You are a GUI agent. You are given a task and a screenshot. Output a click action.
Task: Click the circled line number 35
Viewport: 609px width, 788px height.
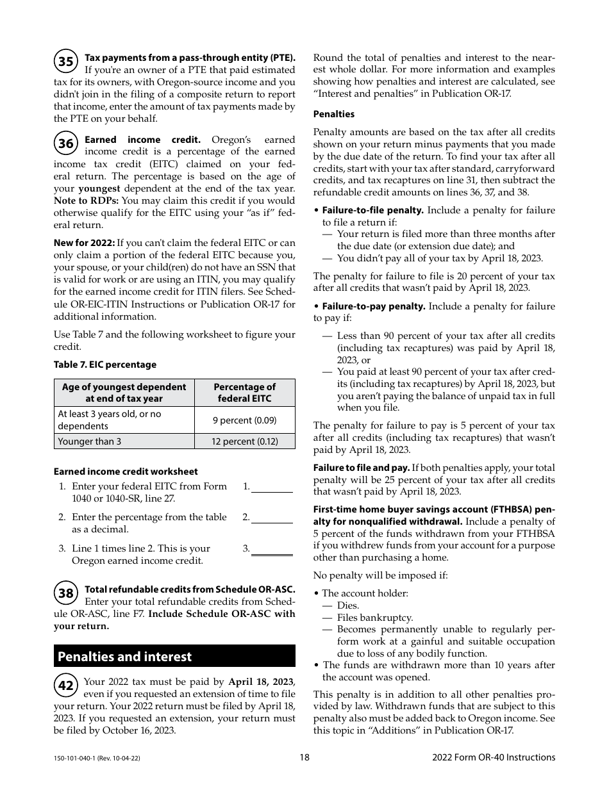coord(66,62)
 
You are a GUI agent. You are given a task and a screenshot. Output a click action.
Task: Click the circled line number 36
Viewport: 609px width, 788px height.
coord(66,144)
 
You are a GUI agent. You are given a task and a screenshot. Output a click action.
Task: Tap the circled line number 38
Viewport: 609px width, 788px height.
coord(66,593)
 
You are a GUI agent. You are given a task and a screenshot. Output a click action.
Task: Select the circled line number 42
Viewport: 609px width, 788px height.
coord(66,685)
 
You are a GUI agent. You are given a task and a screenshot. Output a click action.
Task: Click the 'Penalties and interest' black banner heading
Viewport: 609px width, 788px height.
coord(174,657)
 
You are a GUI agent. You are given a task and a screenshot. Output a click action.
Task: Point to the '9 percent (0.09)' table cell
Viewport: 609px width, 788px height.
coord(244,420)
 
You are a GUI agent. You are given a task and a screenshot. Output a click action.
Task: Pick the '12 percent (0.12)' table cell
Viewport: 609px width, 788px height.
coord(244,441)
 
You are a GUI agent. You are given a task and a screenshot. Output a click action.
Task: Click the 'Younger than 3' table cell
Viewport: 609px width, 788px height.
coord(124,441)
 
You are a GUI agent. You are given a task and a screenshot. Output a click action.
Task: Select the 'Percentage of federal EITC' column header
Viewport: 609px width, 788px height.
coord(244,393)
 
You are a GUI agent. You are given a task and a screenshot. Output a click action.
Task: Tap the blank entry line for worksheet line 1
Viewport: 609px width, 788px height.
coord(272,491)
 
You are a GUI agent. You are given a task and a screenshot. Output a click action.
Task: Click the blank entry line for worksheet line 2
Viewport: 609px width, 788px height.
coord(272,521)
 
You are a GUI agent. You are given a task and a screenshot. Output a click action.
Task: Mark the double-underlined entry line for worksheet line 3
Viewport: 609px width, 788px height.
coord(272,554)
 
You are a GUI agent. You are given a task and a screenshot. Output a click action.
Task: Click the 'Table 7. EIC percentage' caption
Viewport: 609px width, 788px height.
coord(104,365)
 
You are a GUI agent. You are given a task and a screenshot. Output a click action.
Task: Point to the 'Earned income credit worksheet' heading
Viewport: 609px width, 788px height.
coord(126,472)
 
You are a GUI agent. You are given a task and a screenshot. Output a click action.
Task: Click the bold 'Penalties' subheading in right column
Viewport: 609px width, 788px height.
coord(333,114)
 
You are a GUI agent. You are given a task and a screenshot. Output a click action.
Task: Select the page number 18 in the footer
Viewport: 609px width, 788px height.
coord(304,757)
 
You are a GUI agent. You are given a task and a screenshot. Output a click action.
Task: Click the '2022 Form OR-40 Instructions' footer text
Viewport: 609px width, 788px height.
coord(494,757)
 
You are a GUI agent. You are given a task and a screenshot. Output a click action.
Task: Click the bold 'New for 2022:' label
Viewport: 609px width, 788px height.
coord(84,243)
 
